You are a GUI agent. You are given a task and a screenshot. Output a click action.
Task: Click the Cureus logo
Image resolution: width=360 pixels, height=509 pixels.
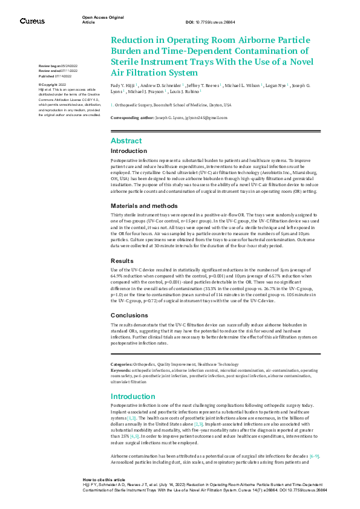(x=32, y=21)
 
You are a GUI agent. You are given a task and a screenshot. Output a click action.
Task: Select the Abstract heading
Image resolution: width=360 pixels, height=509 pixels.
(x=126, y=140)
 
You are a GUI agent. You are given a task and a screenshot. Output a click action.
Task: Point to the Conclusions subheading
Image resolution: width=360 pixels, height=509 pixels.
(x=129, y=315)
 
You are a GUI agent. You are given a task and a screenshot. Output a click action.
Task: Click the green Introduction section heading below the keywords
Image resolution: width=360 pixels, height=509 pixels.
(x=134, y=396)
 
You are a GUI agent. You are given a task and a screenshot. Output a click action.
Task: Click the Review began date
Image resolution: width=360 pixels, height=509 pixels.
(x=57, y=65)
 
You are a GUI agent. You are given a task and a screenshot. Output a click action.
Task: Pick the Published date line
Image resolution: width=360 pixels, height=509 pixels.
(x=55, y=77)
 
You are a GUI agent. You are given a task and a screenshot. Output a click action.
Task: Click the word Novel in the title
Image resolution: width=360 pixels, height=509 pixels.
(x=299, y=62)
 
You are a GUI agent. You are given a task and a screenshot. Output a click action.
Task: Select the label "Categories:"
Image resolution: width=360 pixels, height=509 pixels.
(x=122, y=364)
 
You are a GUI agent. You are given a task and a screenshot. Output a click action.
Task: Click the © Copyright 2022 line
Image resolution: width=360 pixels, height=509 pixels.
(x=53, y=84)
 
